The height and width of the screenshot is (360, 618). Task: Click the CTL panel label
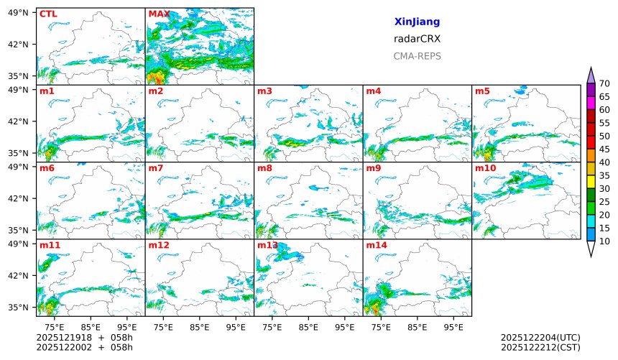[48, 14]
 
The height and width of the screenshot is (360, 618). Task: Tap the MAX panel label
[160, 14]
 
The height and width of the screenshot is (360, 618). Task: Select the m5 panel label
[482, 91]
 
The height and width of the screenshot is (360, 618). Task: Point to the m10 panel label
[485, 168]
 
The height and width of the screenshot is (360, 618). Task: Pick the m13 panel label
[267, 246]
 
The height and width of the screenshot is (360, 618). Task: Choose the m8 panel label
[264, 168]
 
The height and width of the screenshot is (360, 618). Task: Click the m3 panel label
[264, 91]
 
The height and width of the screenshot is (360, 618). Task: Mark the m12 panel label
[159, 246]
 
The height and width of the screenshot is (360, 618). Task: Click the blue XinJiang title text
[417, 22]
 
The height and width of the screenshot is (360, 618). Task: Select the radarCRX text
[417, 39]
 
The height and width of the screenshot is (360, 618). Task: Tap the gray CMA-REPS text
[417, 56]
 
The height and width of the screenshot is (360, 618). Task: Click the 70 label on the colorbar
[604, 84]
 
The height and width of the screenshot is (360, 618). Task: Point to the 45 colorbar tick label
[604, 149]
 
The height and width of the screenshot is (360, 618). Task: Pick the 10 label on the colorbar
[604, 241]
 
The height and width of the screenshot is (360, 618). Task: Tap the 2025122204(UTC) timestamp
[540, 338]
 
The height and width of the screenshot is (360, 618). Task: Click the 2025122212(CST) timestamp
[540, 348]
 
